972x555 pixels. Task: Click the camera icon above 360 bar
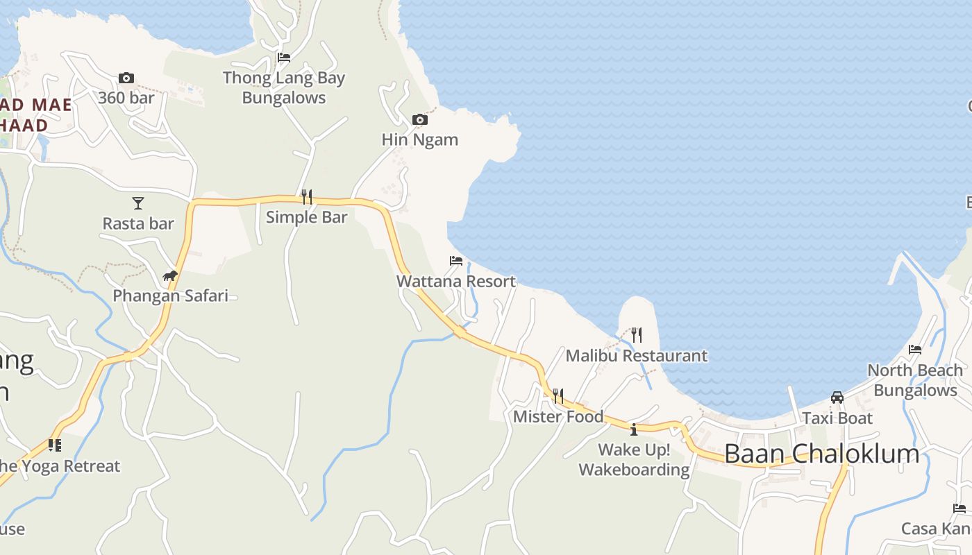pos(126,78)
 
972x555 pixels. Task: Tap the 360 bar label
pos(126,98)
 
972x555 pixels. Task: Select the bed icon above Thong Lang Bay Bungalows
pos(283,58)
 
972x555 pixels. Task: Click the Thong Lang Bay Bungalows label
pos(283,88)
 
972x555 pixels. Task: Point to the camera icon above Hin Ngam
pos(419,120)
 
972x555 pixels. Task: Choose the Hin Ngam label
pos(419,139)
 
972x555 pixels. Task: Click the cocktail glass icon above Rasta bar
pos(138,203)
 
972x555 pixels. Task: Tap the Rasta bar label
pos(138,223)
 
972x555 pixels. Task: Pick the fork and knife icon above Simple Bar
pos(306,197)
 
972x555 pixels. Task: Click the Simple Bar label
pos(306,217)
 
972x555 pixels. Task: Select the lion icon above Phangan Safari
pos(170,276)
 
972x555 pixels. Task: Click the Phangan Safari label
pos(170,296)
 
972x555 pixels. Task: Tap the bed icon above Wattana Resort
pos(455,261)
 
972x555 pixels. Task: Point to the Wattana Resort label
pos(455,281)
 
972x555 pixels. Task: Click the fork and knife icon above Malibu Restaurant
pos(636,336)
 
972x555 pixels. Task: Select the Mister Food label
pos(558,417)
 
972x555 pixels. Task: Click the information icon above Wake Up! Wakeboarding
pos(633,429)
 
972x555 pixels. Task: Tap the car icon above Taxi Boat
pos(837,398)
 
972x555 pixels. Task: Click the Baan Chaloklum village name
pos(821,454)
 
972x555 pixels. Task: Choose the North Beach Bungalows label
pos(915,380)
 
